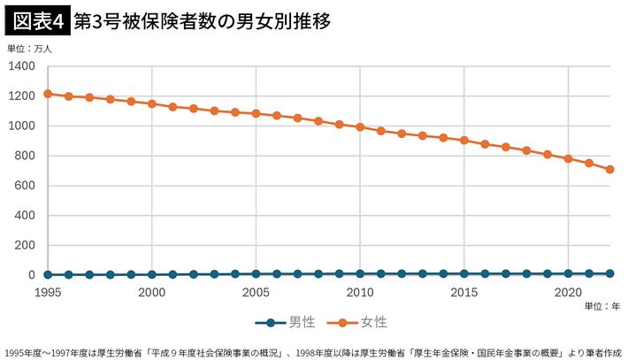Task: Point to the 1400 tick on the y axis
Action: click(x=21, y=66)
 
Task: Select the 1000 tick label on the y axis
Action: click(x=21, y=126)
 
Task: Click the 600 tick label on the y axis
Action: click(x=25, y=186)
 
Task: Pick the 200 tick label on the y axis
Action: click(x=25, y=245)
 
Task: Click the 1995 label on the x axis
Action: click(x=48, y=291)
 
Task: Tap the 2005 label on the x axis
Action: click(x=256, y=291)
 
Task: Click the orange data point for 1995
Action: click(x=48, y=93)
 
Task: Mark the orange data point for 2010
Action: click(x=360, y=126)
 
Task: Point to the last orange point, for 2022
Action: click(x=609, y=169)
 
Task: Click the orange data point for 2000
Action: click(x=151, y=103)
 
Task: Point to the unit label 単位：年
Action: click(x=602, y=306)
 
